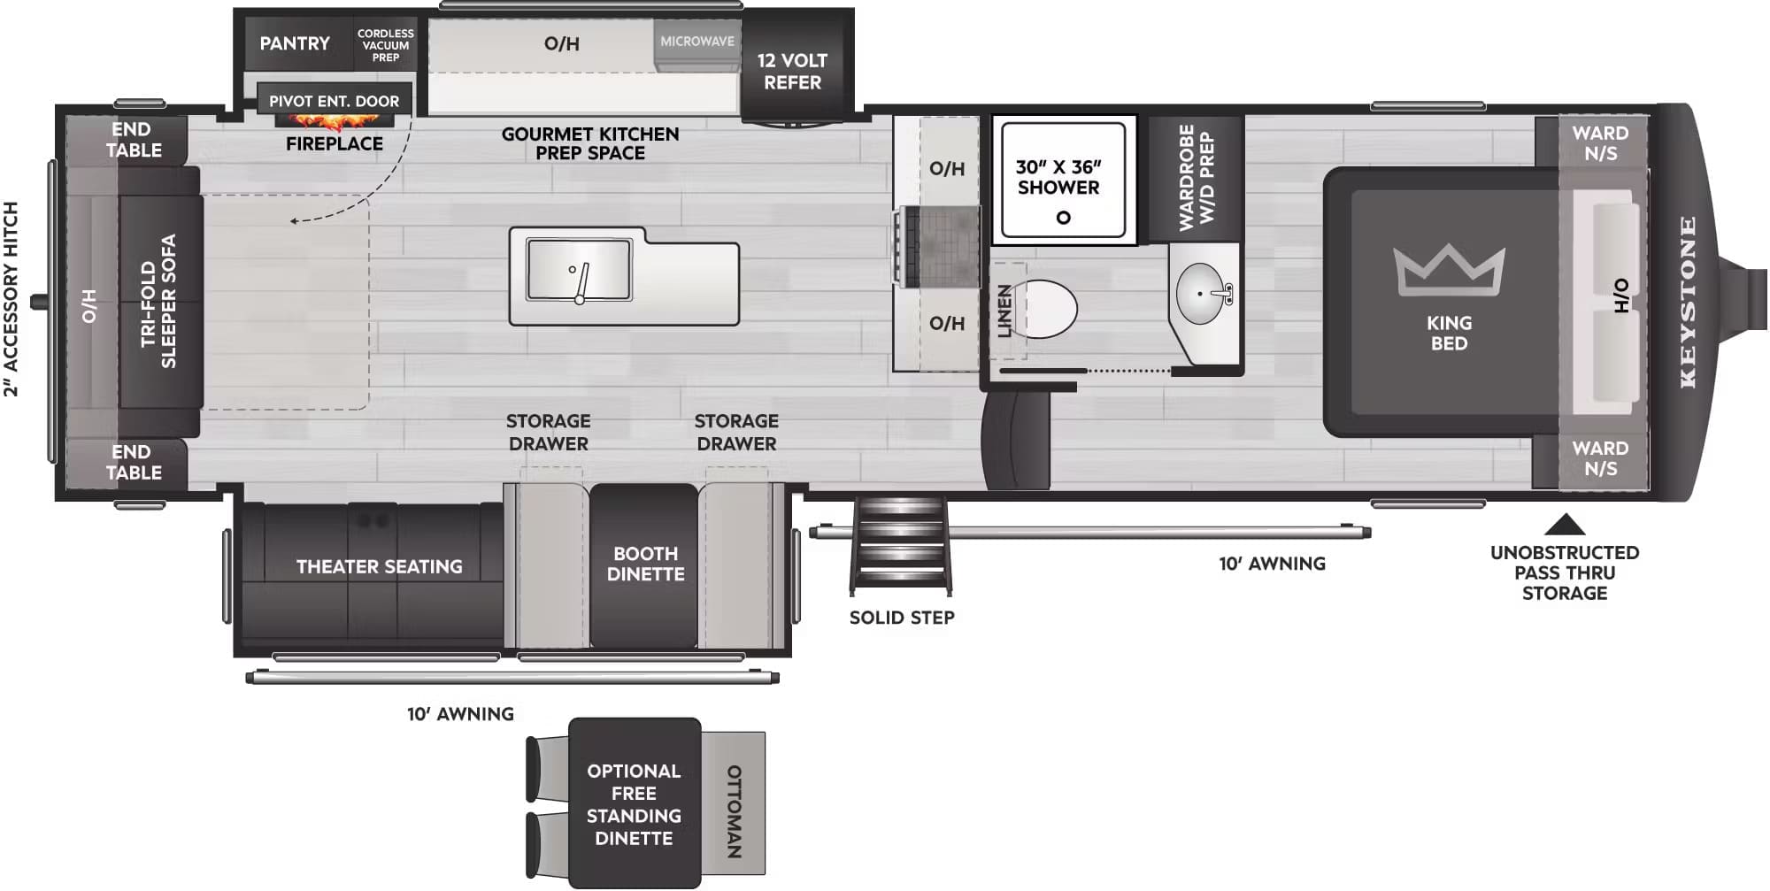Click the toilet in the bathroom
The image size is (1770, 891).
point(1048,310)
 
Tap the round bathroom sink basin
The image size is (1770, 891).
point(1201,293)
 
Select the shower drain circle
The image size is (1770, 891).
point(1063,217)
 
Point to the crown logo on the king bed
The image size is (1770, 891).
point(1449,269)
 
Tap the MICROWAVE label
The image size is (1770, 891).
point(697,42)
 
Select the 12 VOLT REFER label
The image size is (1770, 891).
point(792,72)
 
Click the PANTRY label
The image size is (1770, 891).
point(295,43)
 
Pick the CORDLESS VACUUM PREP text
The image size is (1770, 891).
point(385,45)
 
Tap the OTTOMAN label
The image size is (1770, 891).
point(734,811)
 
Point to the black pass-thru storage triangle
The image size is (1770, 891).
point(1564,525)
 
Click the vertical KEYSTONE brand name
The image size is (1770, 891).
point(1688,302)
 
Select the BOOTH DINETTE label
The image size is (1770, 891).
point(645,564)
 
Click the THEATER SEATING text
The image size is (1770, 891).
point(379,566)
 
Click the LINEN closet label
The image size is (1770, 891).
point(1004,311)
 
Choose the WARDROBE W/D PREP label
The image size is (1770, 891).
point(1196,178)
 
